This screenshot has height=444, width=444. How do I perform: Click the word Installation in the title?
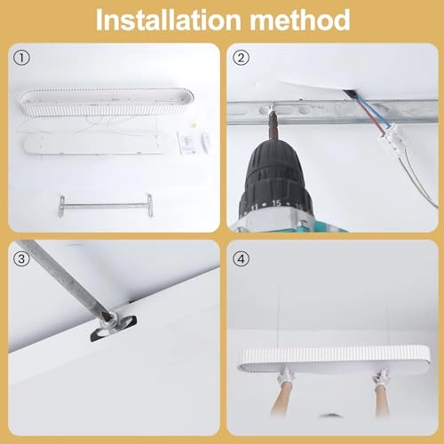tap(168, 20)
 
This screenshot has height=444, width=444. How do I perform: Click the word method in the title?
tap(300, 20)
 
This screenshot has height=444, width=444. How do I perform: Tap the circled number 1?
tap(21, 58)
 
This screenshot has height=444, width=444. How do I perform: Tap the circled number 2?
tap(241, 58)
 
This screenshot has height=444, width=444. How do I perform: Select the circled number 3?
tap(21, 259)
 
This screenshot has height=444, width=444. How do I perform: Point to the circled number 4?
tap(241, 259)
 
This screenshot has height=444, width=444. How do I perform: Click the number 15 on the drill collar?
tap(276, 203)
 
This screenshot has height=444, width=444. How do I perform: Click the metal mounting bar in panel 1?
tap(106, 206)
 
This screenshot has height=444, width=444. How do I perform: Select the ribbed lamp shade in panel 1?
tap(107, 101)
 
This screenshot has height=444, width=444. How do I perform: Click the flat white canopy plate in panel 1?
tap(92, 146)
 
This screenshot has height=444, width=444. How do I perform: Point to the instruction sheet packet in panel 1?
tap(186, 143)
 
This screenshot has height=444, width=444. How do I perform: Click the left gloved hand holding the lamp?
tap(286, 377)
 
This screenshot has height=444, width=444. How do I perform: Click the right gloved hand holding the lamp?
tap(382, 377)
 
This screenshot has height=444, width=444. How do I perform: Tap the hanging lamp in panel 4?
tap(334, 359)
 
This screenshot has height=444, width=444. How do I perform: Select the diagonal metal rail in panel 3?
tap(64, 278)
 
